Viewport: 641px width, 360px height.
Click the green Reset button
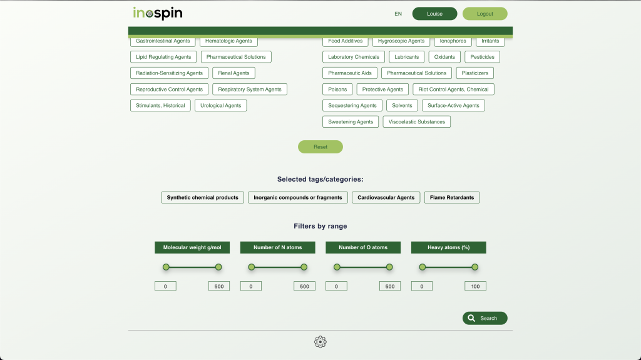pos(320,147)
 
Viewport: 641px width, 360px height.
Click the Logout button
pos(485,14)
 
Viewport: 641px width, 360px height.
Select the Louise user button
pos(434,14)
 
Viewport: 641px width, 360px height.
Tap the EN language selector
pos(398,14)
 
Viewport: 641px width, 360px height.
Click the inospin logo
pos(157,13)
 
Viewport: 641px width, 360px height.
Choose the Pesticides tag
pos(483,57)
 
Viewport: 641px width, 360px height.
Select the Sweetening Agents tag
pos(351,122)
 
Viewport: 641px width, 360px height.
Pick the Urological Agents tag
pos(221,106)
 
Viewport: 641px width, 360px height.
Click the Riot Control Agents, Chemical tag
pos(453,89)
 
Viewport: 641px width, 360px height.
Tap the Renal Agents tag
pos(233,73)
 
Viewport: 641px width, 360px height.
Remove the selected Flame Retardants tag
pos(452,198)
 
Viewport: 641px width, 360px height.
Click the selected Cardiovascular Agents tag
pos(386,198)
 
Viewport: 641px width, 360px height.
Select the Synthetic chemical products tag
pos(202,198)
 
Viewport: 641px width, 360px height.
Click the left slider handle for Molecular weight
pos(166,267)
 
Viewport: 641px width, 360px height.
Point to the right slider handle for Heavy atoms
pos(474,267)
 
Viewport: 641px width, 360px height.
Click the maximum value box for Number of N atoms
pos(305,286)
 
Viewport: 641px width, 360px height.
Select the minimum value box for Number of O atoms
pos(336,286)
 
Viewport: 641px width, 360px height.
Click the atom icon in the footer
pos(320,342)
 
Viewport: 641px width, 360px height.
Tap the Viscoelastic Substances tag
pos(416,122)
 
